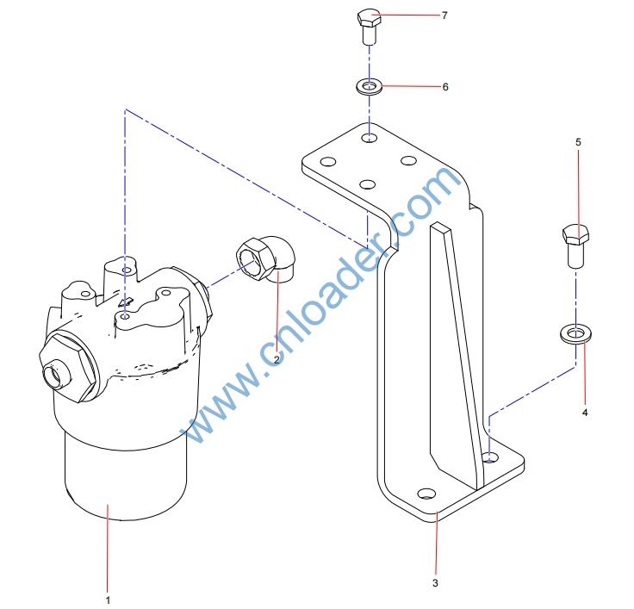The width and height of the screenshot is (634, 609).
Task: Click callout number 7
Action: [444, 16]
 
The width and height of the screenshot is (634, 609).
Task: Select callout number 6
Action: [445, 86]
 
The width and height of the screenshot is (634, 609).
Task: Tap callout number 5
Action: [578, 142]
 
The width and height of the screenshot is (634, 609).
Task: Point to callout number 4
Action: [585, 413]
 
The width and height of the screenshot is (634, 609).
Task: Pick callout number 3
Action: [435, 582]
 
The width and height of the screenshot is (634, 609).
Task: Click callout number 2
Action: [277, 359]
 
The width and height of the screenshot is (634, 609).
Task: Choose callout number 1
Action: [108, 600]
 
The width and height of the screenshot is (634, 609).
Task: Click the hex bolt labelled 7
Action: [370, 26]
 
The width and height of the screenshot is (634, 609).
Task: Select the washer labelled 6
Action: [369, 87]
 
